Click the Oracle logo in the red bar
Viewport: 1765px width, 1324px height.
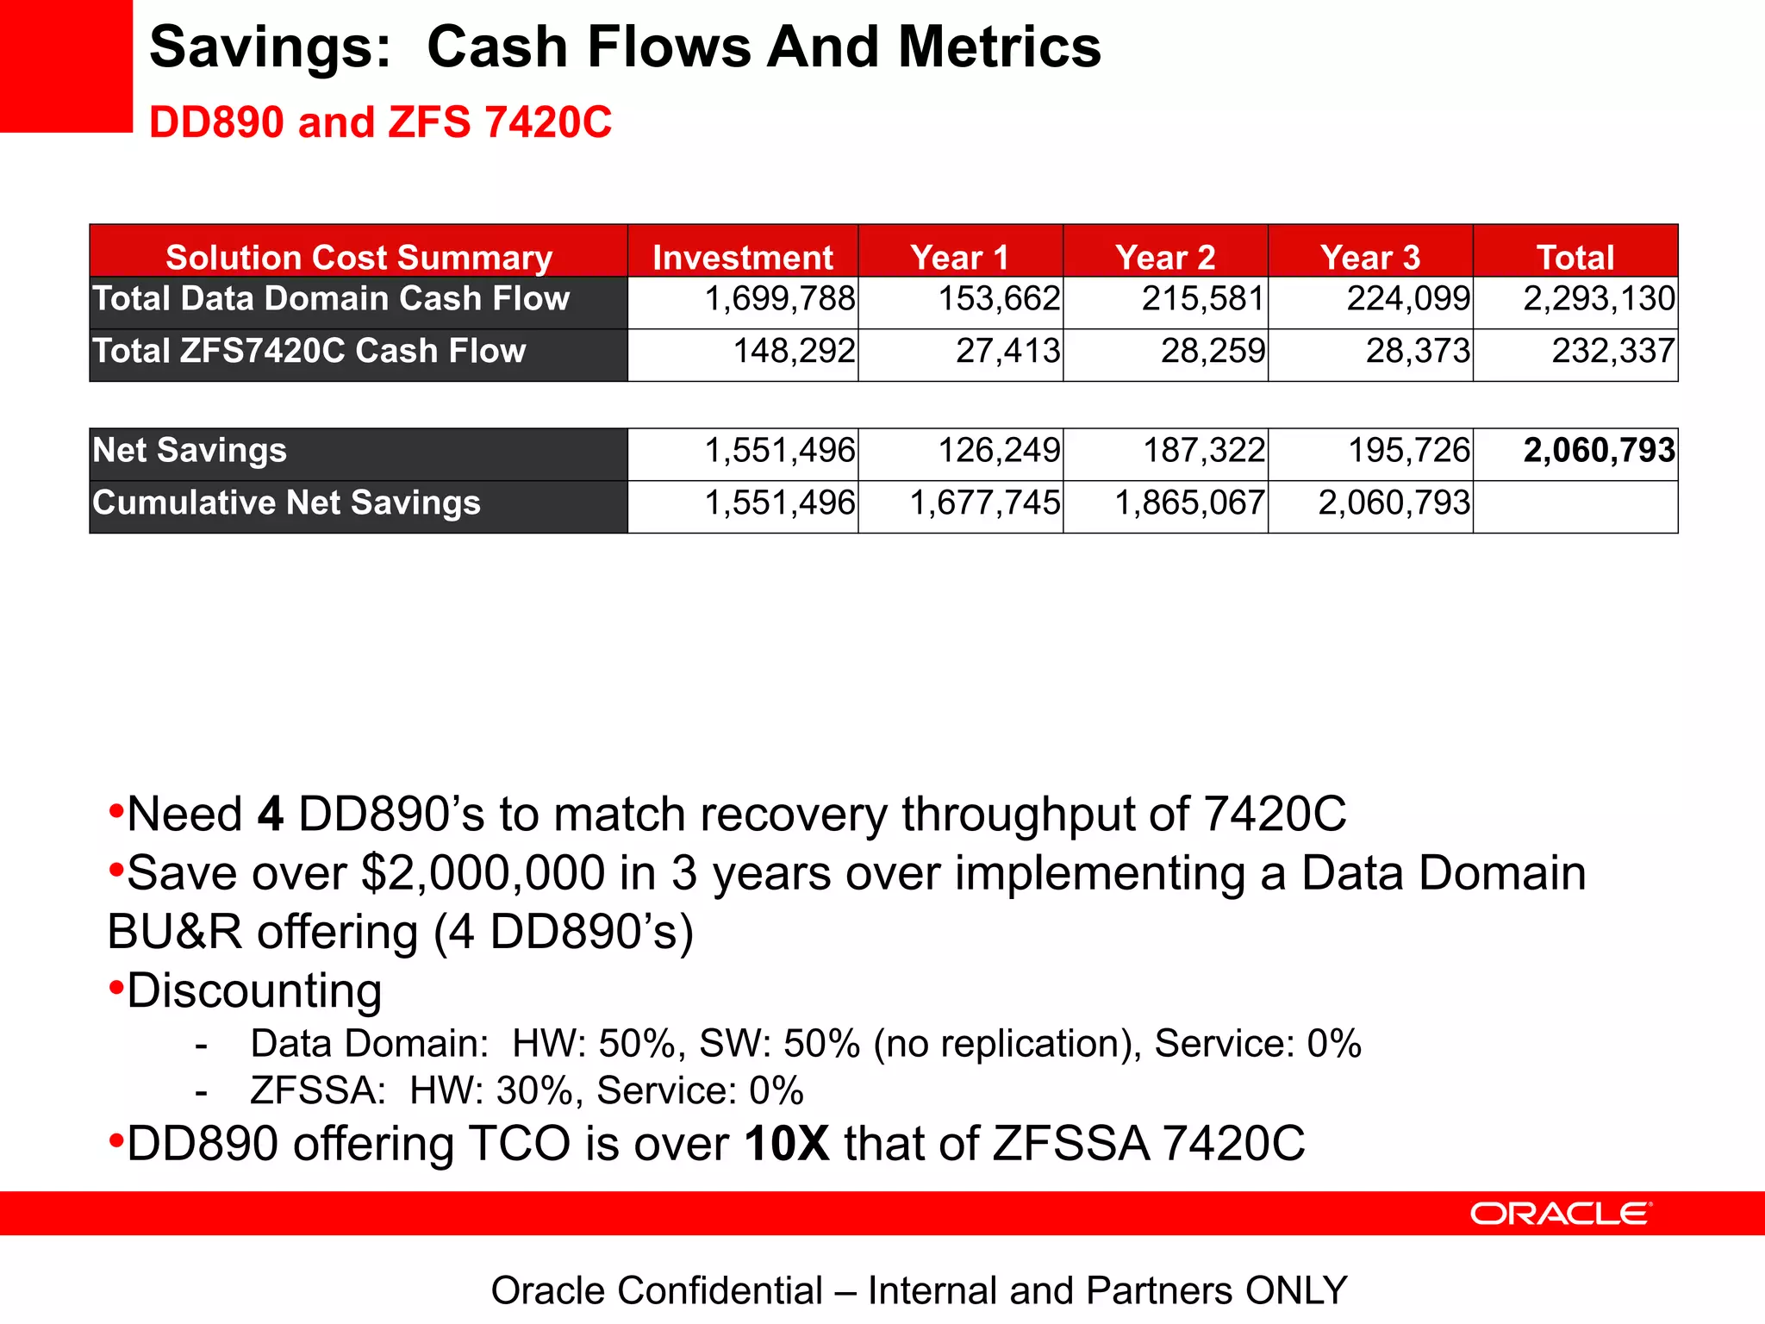pyautogui.click(x=1561, y=1214)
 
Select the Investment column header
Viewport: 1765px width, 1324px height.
pyautogui.click(x=743, y=257)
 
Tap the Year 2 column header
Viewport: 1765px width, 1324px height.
pyautogui.click(x=1165, y=257)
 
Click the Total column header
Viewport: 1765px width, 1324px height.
pyautogui.click(x=1575, y=257)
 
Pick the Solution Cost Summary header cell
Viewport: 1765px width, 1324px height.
pyautogui.click(x=359, y=257)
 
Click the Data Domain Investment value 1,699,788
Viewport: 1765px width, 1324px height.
pyautogui.click(x=780, y=299)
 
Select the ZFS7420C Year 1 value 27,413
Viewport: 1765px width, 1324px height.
pyautogui.click(x=1007, y=352)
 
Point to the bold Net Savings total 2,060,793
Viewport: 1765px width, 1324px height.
pyautogui.click(x=1599, y=451)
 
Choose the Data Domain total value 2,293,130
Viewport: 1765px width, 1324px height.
pyautogui.click(x=1599, y=299)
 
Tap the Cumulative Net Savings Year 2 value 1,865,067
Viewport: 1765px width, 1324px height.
pyautogui.click(x=1189, y=503)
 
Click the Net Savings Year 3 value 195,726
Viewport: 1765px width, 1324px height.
pyautogui.click(x=1409, y=451)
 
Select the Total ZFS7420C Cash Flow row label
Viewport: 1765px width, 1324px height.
pyautogui.click(x=309, y=352)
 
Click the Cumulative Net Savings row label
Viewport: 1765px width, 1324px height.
pyautogui.click(x=286, y=503)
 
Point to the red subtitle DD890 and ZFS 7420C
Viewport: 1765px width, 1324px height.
pyautogui.click(x=380, y=122)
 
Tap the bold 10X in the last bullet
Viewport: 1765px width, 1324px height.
pyautogui.click(x=787, y=1144)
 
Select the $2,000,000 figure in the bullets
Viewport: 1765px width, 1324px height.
pyautogui.click(x=483, y=873)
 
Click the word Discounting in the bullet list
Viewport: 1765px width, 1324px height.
pyautogui.click(x=254, y=991)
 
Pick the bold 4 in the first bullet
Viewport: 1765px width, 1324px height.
pyautogui.click(x=270, y=815)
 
